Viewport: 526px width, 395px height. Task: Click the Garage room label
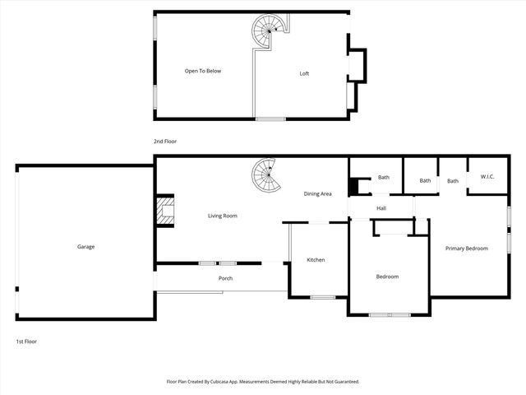[86, 247]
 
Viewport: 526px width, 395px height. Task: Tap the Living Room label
[222, 216]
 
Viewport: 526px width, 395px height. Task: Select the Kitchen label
[316, 260]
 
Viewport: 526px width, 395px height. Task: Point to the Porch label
[225, 278]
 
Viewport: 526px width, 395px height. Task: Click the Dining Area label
[317, 193]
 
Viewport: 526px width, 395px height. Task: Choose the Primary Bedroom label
[467, 249]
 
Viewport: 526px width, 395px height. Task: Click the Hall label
[381, 208]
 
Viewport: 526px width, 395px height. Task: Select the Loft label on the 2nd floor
[304, 74]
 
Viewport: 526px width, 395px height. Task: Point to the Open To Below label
[202, 71]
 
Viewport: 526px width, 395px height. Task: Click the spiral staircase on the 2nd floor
[268, 33]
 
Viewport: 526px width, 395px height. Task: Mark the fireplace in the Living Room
[167, 210]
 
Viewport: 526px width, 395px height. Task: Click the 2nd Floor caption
[165, 142]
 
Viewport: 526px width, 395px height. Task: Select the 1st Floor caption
[26, 341]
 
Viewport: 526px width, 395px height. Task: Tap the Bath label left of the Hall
[384, 177]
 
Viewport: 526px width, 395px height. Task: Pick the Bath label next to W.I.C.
[453, 181]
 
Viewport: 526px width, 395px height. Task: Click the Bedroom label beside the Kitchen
[387, 276]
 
